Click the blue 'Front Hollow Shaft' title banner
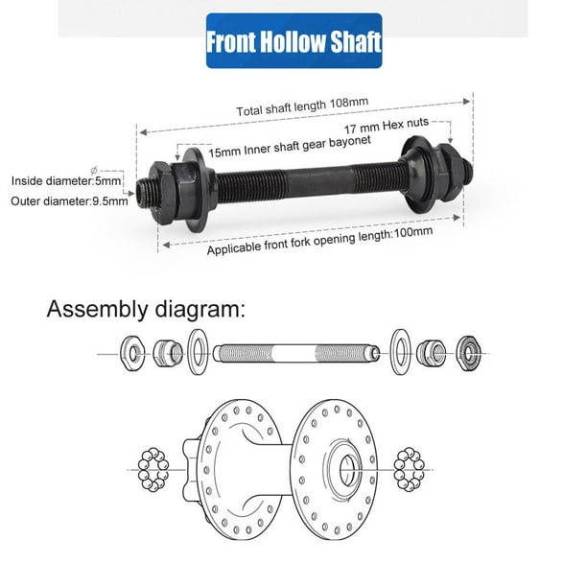coord(294,42)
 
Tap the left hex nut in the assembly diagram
coord(131,353)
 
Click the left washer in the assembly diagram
coord(199,351)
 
